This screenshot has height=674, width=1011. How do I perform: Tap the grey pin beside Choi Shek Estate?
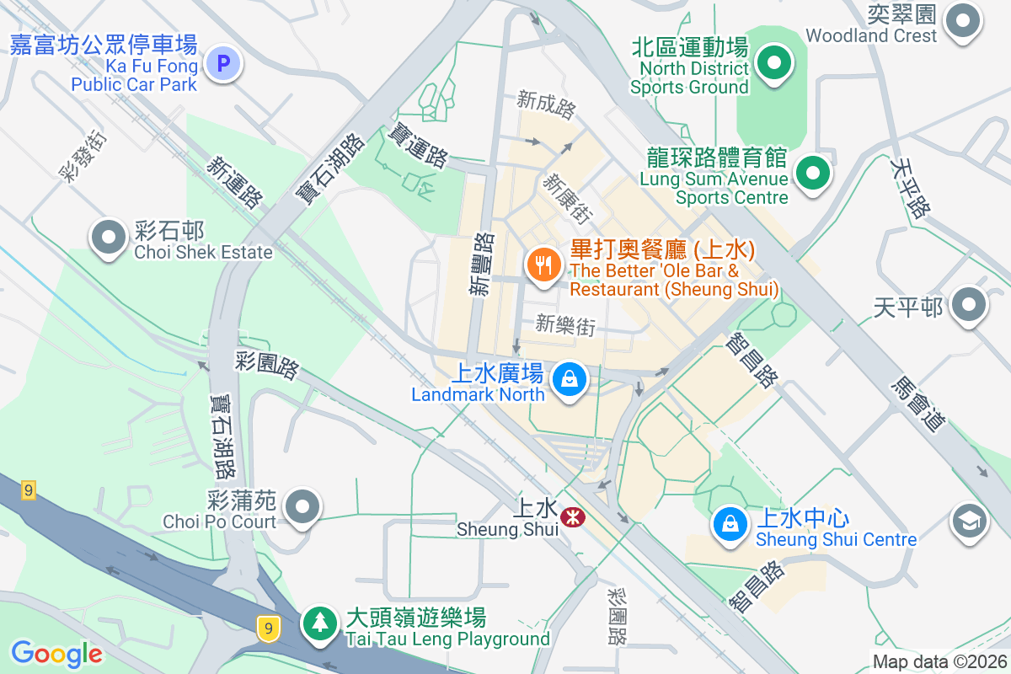point(109,237)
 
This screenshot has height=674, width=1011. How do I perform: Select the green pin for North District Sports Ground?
point(771,63)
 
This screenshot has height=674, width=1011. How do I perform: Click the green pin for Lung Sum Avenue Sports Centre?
point(813,173)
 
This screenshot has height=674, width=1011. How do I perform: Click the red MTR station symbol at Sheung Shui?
point(574,516)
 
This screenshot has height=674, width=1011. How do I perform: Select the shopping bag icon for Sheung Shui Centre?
point(730,523)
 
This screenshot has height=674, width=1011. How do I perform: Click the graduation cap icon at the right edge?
point(969,521)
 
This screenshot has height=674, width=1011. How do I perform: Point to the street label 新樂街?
point(565,325)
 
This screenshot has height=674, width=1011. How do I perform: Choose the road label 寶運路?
point(417,145)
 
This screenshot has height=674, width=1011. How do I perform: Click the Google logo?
point(56,653)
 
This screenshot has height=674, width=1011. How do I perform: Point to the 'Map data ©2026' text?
point(939,661)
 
